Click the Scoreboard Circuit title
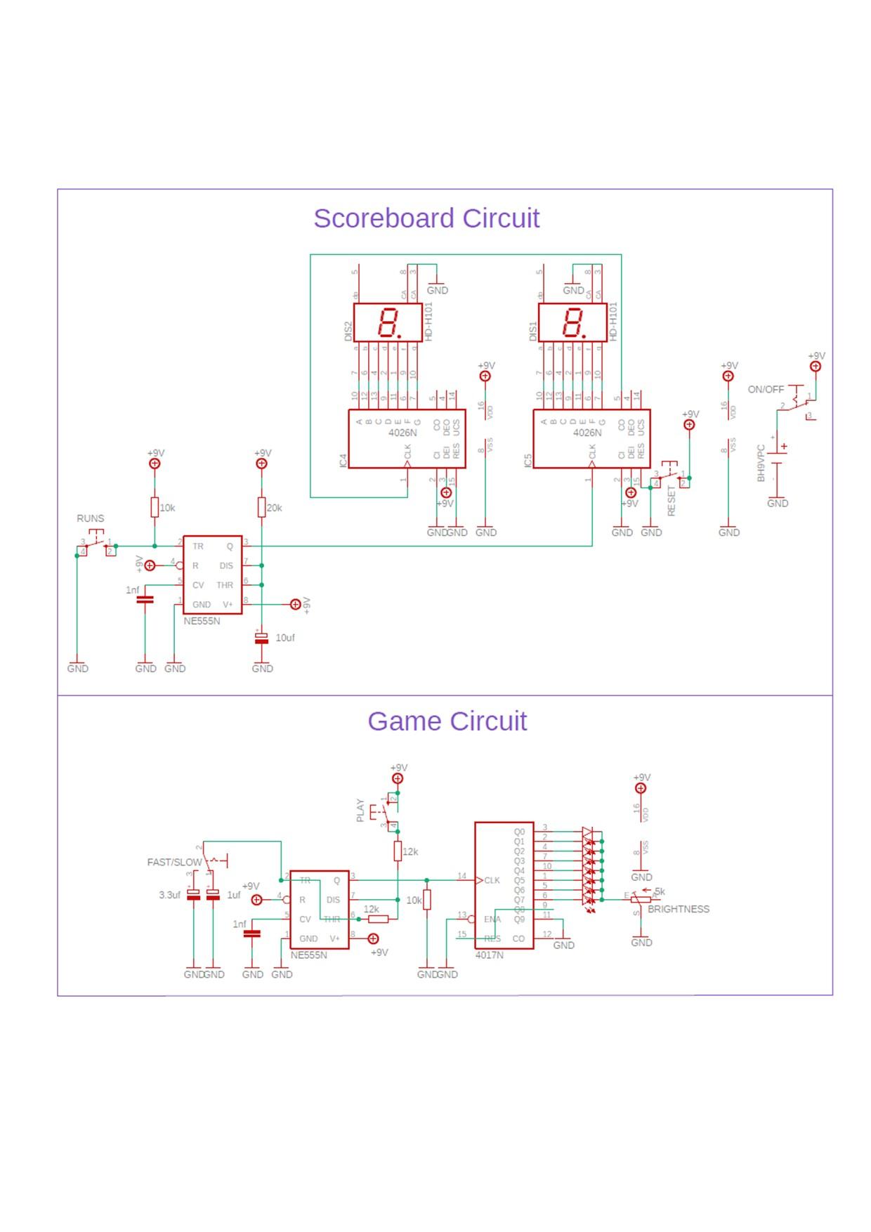(426, 218)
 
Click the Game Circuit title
(447, 721)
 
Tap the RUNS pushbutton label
(90, 518)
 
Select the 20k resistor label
(274, 508)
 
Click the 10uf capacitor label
(284, 638)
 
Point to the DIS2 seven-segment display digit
(387, 323)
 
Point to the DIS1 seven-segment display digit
(572, 323)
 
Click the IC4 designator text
(343, 461)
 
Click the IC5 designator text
(528, 461)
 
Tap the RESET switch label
(671, 501)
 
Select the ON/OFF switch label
(766, 389)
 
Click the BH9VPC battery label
(761, 463)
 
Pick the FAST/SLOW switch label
(174, 862)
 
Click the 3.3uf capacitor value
(169, 896)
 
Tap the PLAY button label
(360, 810)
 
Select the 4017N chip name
(489, 955)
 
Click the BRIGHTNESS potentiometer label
(678, 909)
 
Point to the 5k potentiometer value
(660, 892)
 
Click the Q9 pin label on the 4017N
(518, 919)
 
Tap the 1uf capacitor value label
(233, 896)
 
